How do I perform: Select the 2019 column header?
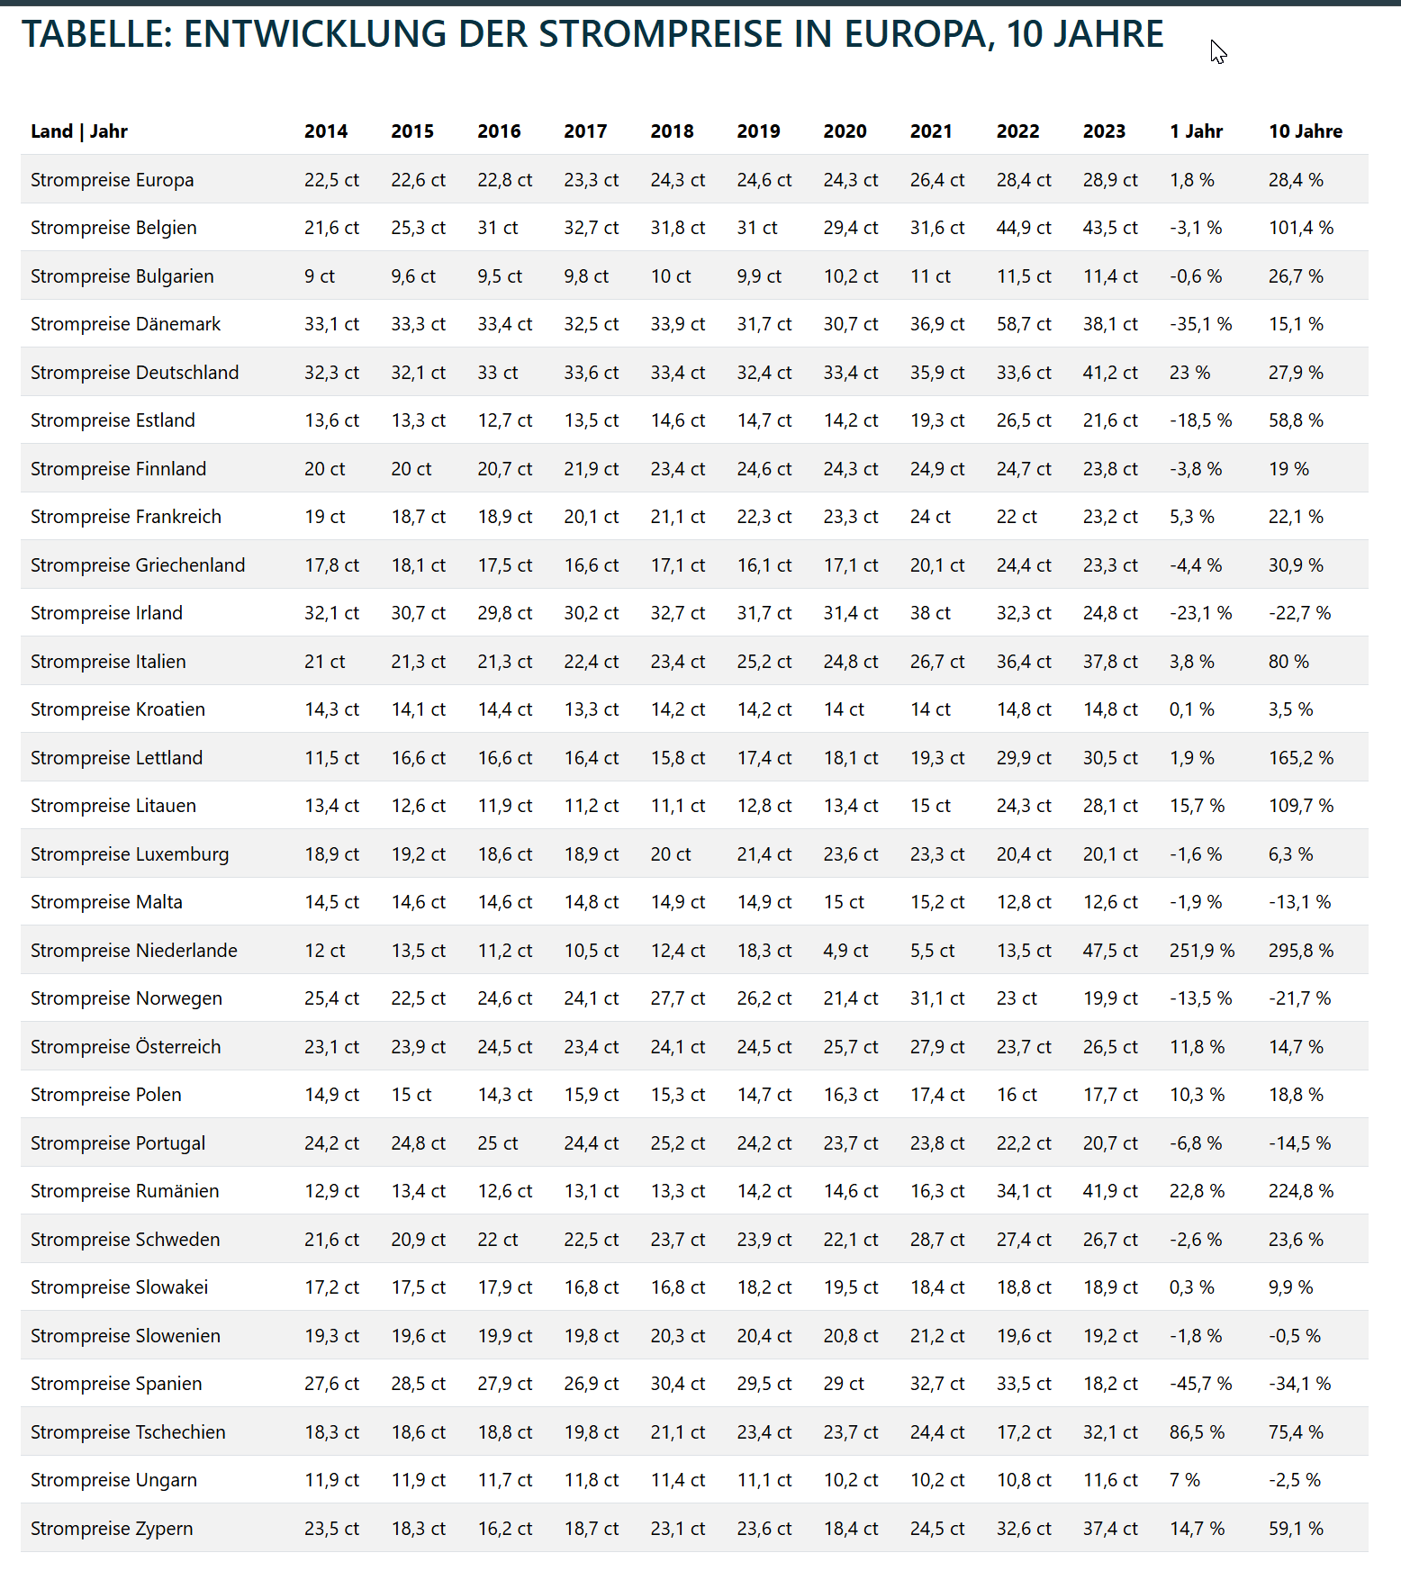(x=758, y=131)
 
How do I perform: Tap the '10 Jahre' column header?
(x=1305, y=131)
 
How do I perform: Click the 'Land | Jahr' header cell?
(x=79, y=131)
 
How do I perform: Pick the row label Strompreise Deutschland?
(x=134, y=373)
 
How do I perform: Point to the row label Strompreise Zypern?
(x=112, y=1529)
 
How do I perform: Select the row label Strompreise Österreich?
(x=125, y=1047)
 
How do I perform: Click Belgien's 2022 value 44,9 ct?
(x=1023, y=228)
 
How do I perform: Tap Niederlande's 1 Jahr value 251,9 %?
(x=1201, y=951)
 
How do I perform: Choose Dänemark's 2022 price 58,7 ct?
(x=1023, y=324)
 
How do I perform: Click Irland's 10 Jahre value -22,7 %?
(x=1299, y=613)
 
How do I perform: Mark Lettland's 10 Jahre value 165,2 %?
(x=1300, y=758)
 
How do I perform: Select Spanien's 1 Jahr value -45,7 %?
(x=1200, y=1384)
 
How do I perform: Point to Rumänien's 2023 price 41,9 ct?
(x=1109, y=1191)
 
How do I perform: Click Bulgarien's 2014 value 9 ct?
(x=319, y=276)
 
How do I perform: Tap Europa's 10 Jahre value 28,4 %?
(x=1296, y=180)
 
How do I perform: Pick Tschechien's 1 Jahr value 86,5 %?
(x=1197, y=1432)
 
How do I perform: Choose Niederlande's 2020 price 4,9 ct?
(x=845, y=951)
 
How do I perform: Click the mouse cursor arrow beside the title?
(x=1217, y=52)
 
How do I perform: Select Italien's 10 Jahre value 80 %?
(x=1288, y=662)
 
